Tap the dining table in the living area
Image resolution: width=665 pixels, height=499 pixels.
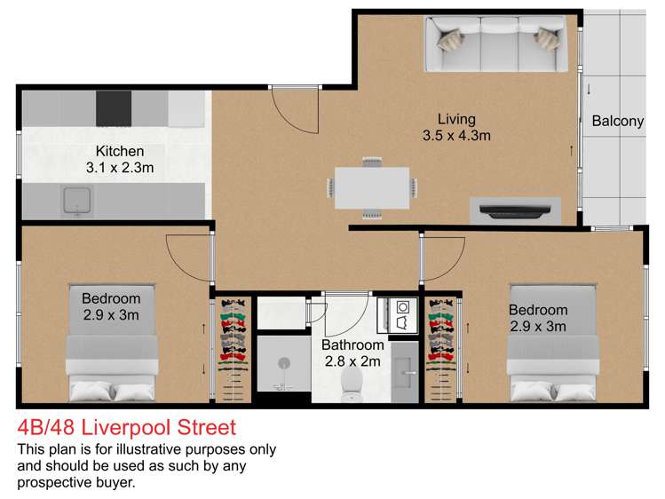click(x=371, y=187)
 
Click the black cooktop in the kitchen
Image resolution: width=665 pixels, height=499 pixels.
click(x=119, y=107)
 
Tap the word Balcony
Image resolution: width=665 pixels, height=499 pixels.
click(x=617, y=122)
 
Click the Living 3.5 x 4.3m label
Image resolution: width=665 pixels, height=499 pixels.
click(x=456, y=127)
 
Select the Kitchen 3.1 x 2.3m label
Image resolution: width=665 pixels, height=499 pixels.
click(x=120, y=159)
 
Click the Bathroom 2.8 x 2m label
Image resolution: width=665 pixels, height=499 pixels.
click(x=352, y=352)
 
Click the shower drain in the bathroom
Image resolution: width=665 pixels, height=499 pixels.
click(x=284, y=362)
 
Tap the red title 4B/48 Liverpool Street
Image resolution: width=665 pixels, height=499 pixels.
click(x=127, y=428)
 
